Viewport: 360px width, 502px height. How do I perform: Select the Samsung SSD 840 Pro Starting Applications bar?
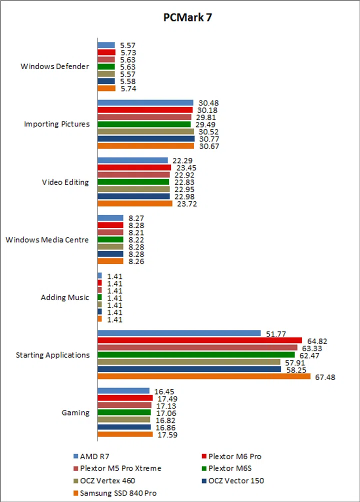(204, 376)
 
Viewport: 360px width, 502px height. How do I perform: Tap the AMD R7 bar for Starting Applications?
(179, 333)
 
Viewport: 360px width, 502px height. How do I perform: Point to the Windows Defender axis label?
(55, 66)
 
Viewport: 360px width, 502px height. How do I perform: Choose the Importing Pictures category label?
(57, 124)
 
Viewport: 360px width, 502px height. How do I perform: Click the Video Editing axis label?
(65, 182)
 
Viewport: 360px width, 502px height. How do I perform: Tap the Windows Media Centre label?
(47, 239)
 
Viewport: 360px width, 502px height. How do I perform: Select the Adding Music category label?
(65, 297)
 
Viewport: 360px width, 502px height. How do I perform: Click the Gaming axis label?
(75, 412)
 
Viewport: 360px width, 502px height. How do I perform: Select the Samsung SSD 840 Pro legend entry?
(114, 493)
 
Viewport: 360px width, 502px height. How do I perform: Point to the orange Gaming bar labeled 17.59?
(125, 434)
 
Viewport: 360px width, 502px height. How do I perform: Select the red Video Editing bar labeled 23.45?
(134, 167)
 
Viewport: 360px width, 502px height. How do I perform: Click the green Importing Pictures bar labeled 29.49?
(144, 124)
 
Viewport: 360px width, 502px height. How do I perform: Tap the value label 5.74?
(128, 88)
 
